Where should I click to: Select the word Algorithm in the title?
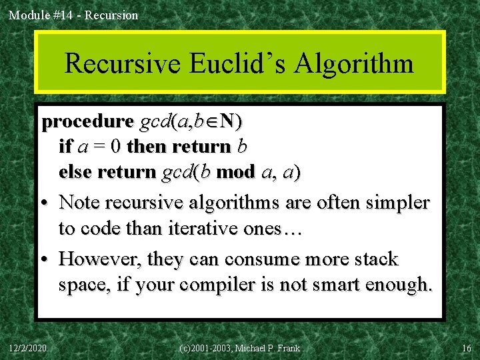pos(355,64)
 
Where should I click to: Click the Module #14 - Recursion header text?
pos(73,15)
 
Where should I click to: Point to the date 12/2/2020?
pos(27,348)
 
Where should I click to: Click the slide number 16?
pos(466,348)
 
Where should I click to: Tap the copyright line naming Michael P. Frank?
pos(240,348)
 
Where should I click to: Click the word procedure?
pos(87,122)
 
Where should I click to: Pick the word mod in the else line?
pos(235,172)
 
